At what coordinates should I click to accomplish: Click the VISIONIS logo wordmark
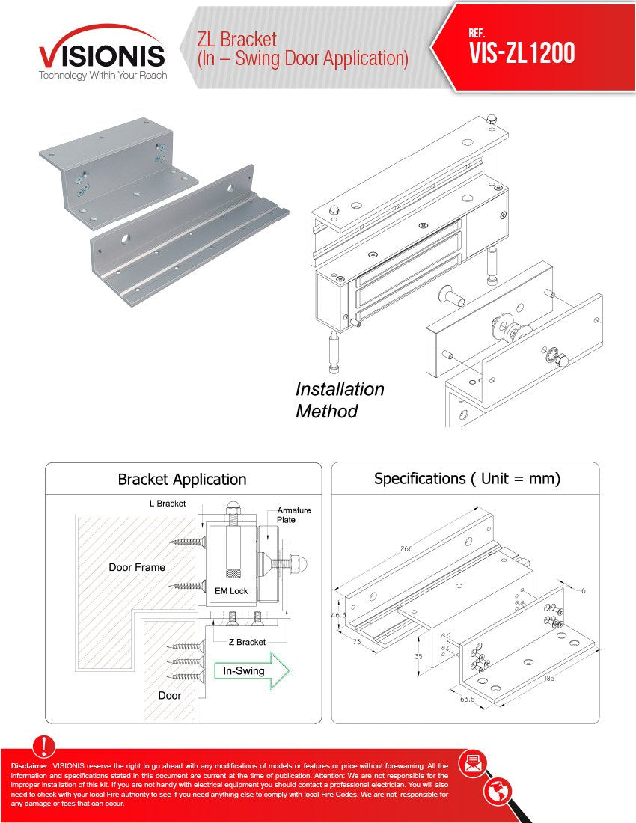[x=102, y=56]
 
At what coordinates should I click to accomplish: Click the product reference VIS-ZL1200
[x=522, y=52]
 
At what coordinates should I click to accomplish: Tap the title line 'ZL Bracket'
[x=236, y=39]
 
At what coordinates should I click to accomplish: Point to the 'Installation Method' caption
[x=340, y=400]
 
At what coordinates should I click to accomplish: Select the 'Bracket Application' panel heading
[x=182, y=479]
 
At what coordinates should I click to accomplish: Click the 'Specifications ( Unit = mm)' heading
[x=467, y=478]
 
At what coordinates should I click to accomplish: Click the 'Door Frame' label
[x=137, y=567]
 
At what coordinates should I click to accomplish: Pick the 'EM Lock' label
[x=231, y=591]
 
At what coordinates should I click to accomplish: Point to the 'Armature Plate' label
[x=293, y=515]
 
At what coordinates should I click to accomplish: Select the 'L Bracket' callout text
[x=167, y=504]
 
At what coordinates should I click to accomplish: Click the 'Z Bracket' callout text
[x=246, y=642]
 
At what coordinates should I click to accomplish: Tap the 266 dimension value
[x=406, y=548]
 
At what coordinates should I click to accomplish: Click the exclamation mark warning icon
[x=45, y=746]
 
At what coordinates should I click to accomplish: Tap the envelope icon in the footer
[x=472, y=764]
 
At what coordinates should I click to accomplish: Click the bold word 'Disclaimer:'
[x=31, y=766]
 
